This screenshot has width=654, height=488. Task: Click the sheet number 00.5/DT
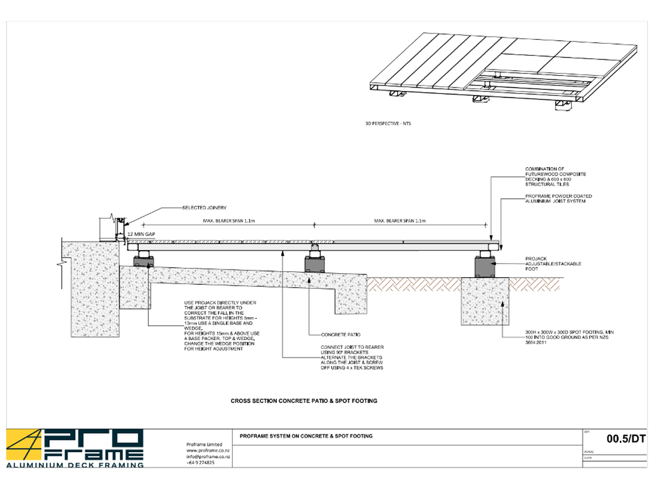[627, 438]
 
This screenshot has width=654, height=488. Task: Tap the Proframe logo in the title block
[75, 448]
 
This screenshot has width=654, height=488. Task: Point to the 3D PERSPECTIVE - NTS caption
[388, 124]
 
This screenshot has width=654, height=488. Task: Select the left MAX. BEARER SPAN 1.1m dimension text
[227, 221]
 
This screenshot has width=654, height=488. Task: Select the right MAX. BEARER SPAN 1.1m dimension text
[400, 221]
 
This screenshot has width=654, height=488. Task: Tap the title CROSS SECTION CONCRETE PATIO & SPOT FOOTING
[304, 401]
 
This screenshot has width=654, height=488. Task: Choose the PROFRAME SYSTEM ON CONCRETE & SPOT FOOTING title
[306, 436]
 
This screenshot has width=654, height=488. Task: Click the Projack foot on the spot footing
[486, 264]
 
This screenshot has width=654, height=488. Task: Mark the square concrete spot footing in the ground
[486, 298]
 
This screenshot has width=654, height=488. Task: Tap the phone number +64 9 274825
[201, 463]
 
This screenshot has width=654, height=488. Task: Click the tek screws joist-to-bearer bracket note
[352, 357]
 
